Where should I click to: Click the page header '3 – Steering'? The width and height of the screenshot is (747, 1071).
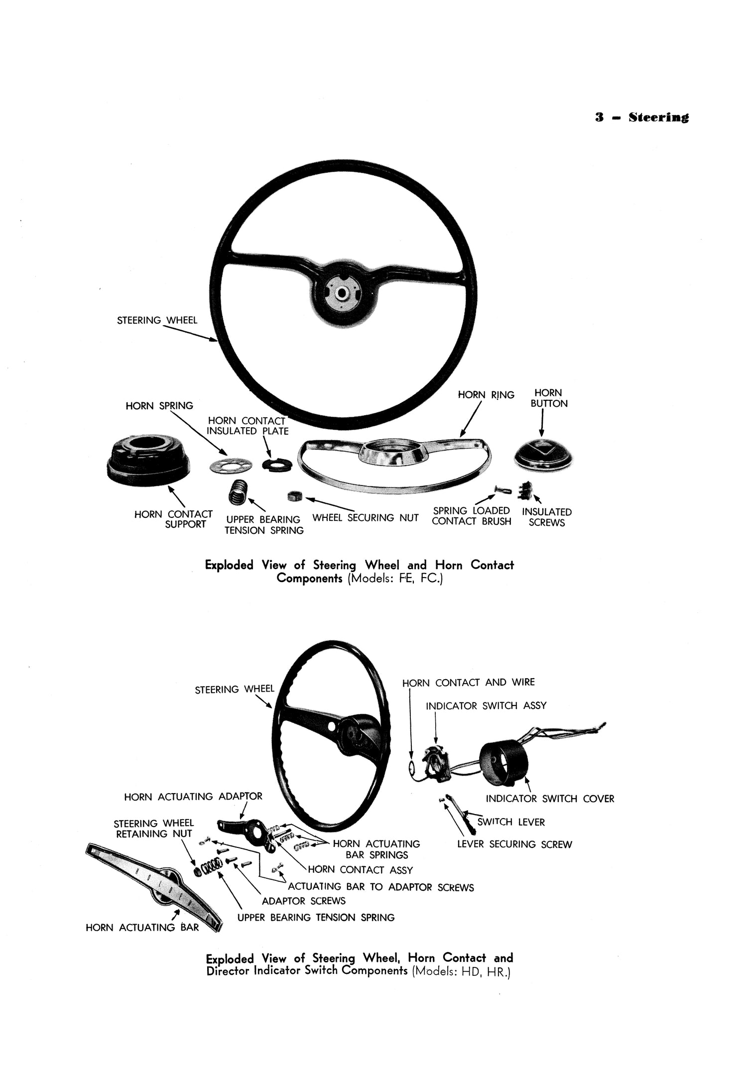coord(641,118)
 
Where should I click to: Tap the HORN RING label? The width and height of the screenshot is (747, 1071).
coord(486,395)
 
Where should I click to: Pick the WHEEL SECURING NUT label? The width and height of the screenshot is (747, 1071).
coord(365,518)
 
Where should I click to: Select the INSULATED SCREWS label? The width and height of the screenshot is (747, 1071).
coord(546,517)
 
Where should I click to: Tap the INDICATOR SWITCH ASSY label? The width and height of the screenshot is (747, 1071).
coord(486,706)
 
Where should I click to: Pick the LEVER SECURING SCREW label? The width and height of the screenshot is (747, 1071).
coord(514,844)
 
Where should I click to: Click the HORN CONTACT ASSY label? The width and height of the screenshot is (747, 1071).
coord(360,870)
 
